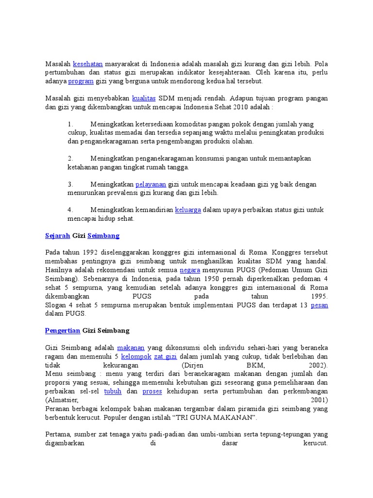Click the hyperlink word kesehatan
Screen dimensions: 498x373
click(88, 64)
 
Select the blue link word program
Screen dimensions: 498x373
click(81, 81)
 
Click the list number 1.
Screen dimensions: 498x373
click(70, 124)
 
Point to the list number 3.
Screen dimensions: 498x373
click(70, 184)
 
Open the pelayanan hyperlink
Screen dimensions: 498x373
click(151, 184)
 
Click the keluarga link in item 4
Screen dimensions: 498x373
click(188, 210)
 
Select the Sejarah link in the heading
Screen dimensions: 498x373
click(57, 236)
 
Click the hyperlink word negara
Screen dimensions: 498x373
click(189, 270)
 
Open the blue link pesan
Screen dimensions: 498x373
click(319, 305)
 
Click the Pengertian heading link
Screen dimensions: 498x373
click(62, 331)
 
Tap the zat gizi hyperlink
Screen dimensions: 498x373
click(165, 356)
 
